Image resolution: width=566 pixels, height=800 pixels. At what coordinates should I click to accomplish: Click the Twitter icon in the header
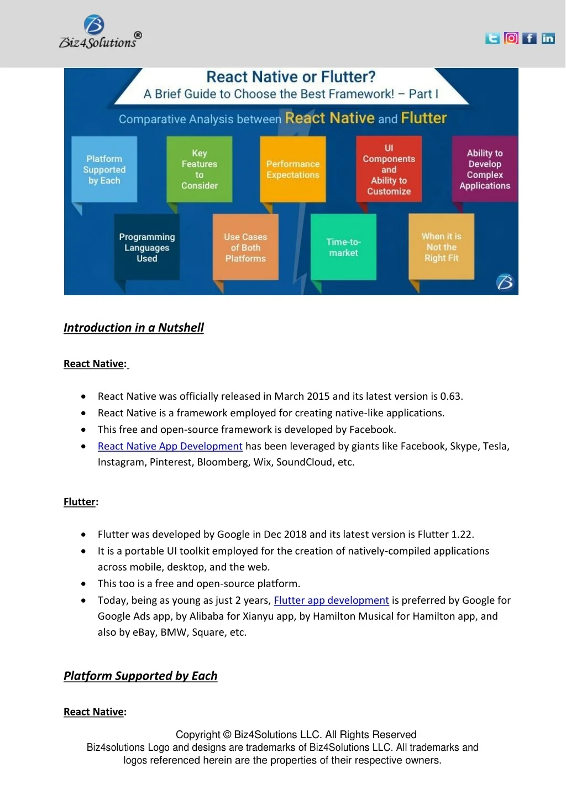(x=492, y=38)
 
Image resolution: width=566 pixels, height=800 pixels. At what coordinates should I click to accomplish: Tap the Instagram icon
(x=511, y=38)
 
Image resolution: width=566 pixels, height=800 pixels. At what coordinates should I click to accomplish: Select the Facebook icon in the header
(x=530, y=38)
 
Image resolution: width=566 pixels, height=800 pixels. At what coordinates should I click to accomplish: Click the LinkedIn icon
(x=548, y=38)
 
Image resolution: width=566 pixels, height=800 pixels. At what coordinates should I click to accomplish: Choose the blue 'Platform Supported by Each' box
(x=104, y=170)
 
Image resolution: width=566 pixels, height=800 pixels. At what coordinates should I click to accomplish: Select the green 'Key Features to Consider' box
(x=200, y=169)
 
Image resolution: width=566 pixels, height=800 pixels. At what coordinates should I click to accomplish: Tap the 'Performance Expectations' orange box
(x=293, y=169)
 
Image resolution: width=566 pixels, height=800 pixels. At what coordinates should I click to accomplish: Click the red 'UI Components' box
(x=389, y=169)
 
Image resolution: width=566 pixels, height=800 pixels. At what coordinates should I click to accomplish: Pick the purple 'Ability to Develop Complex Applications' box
(x=485, y=169)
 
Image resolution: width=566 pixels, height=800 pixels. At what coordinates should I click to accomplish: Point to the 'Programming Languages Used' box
(x=147, y=247)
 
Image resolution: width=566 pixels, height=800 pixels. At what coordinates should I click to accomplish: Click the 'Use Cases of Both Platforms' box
(x=245, y=247)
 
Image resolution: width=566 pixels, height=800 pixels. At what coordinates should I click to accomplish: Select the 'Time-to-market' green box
(x=343, y=247)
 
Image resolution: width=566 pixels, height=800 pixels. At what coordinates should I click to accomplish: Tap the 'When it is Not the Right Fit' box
(x=441, y=247)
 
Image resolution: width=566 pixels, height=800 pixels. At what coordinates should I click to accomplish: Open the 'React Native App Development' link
(x=170, y=446)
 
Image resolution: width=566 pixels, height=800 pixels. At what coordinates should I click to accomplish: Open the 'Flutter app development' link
(x=332, y=600)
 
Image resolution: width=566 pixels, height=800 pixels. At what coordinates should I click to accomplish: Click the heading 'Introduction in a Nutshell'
(x=134, y=328)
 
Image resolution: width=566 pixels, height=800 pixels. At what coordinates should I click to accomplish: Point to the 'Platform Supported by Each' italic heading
(x=140, y=676)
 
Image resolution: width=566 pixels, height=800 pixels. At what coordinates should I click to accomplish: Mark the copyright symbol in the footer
(x=227, y=735)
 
